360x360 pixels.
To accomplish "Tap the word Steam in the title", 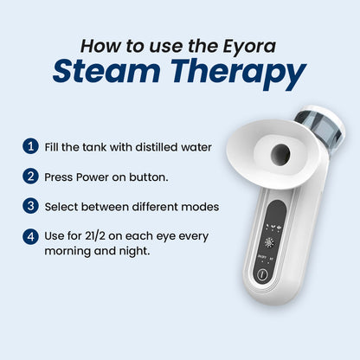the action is tap(106, 71).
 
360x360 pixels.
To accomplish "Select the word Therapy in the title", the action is tap(238, 74).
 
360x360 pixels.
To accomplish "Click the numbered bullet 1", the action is tap(30, 146).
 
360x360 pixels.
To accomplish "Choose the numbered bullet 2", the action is tap(30, 176).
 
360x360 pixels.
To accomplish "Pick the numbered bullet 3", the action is tap(30, 206).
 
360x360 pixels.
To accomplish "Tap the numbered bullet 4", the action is tap(30, 236).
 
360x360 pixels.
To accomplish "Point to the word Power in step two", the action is tap(93, 177).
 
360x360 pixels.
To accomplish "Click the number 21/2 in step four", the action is tap(95, 236).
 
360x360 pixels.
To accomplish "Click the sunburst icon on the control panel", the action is tap(269, 243).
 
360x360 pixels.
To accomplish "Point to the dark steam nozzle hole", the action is tap(280, 154).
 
